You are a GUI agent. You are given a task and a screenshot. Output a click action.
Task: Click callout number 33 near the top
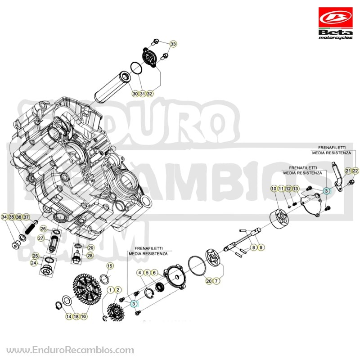[x=173, y=44]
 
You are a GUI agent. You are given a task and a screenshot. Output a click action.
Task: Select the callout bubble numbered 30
[x=135, y=94]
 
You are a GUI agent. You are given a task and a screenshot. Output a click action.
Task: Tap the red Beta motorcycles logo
[x=335, y=23]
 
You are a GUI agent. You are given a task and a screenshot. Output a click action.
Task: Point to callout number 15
[x=110, y=266]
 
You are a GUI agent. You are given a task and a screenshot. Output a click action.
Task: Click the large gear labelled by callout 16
[x=87, y=289]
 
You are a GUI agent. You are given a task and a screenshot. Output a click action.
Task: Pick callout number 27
[x=40, y=238]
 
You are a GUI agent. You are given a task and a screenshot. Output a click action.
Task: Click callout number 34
[x=4, y=217]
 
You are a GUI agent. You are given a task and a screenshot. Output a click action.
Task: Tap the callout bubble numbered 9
[x=261, y=247]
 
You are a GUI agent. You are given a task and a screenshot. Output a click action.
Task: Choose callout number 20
[x=209, y=281]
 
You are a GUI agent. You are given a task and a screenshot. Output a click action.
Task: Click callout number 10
[x=274, y=189]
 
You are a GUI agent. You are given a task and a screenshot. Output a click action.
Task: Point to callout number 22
[x=355, y=171]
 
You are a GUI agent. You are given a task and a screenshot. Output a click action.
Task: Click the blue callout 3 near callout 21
[x=326, y=190]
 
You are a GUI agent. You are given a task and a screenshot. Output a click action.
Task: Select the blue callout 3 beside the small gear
[x=134, y=304]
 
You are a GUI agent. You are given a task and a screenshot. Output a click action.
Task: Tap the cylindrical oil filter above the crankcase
[x=113, y=87]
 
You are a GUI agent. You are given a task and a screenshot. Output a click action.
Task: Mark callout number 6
[x=154, y=273]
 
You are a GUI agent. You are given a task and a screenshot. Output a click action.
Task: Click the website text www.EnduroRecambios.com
[x=70, y=351]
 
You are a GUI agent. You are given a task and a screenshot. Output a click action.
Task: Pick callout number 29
[x=91, y=248]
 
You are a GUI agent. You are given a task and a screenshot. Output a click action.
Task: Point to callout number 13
[x=296, y=189]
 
